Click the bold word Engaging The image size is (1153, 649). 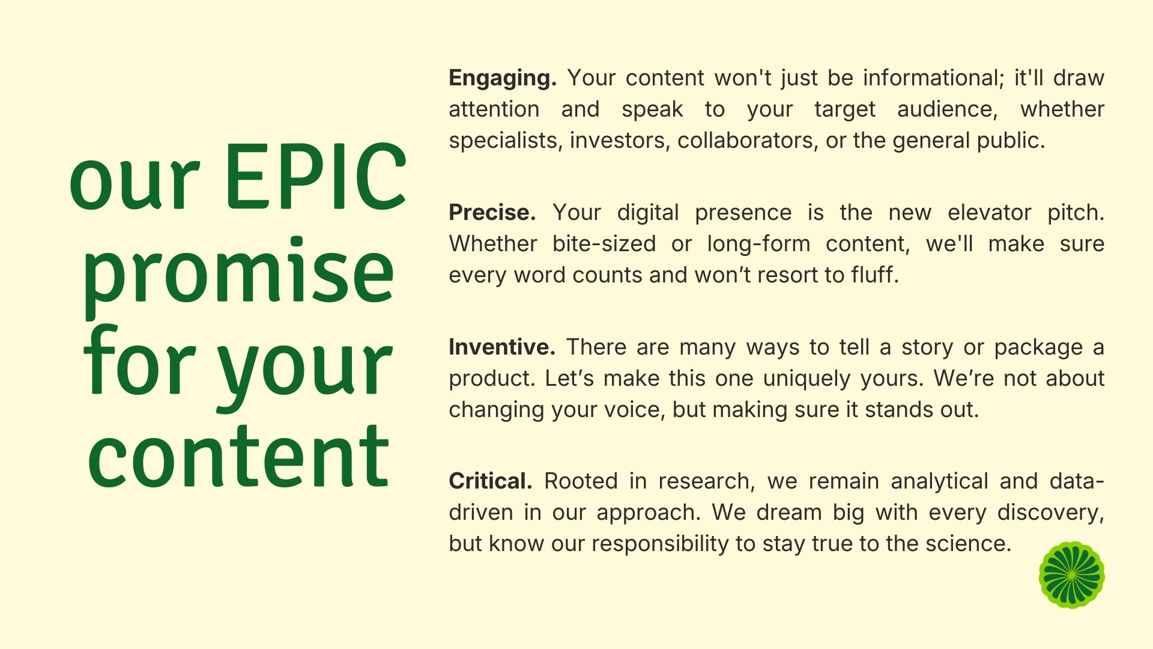[x=503, y=79]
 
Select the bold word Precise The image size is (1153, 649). [x=492, y=213]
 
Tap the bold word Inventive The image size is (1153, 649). [x=501, y=347]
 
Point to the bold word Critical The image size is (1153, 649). [x=490, y=481]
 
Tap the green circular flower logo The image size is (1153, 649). [x=1072, y=575]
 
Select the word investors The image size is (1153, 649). [x=620, y=141]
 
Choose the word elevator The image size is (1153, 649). [x=989, y=213]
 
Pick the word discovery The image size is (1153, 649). [x=1050, y=513]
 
